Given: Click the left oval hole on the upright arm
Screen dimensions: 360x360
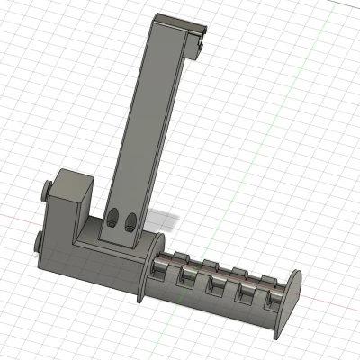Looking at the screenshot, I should [115, 219].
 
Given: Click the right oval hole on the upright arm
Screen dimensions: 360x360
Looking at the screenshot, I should [131, 221].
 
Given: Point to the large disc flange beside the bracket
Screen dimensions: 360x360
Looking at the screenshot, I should [148, 265].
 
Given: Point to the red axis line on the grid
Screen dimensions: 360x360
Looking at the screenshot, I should [18, 220].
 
